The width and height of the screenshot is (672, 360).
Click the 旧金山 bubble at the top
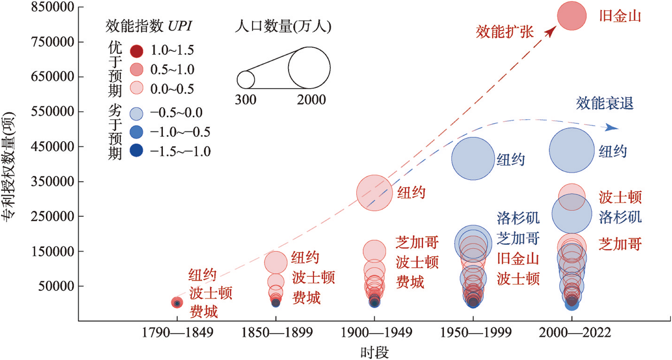[572, 16]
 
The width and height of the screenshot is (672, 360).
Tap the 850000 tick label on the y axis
[52, 7]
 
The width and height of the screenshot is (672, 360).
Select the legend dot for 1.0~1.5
[136, 51]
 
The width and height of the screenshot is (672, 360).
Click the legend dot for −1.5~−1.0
[136, 150]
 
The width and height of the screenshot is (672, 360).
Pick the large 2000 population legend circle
[309, 68]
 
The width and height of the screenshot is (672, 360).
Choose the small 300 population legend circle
[246, 80]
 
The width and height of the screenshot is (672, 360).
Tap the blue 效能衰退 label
[604, 103]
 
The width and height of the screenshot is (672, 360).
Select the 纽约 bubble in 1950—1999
[473, 159]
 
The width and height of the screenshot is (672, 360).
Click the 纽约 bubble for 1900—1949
[374, 193]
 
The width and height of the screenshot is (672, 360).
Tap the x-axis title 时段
[374, 353]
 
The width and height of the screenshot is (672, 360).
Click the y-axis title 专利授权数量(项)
[8, 166]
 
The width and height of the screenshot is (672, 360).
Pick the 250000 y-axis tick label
[52, 216]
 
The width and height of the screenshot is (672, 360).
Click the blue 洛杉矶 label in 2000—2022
[620, 217]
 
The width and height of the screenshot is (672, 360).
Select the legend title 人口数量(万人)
[283, 26]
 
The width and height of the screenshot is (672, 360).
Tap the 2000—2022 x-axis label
[575, 332]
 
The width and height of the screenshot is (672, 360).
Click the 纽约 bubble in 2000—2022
[572, 150]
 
